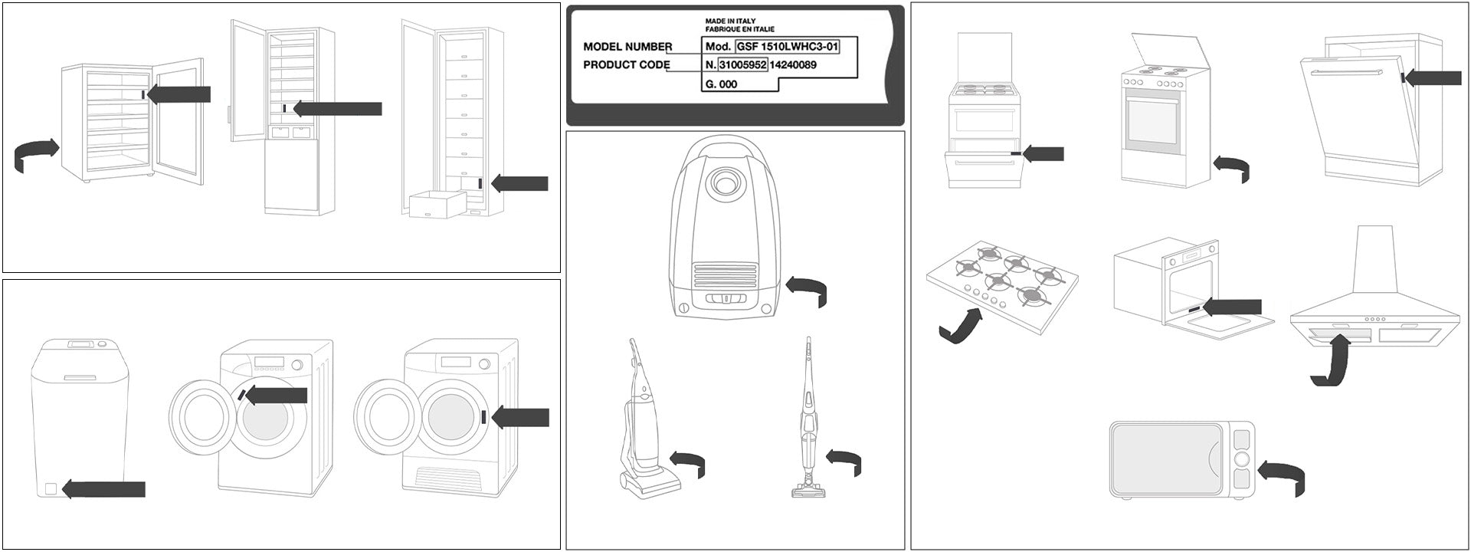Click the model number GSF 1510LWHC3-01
click(x=787, y=47)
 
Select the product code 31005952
click(x=742, y=65)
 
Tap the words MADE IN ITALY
click(x=729, y=21)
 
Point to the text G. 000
click(x=721, y=84)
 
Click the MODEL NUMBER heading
click(x=627, y=47)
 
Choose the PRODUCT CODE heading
click(x=626, y=65)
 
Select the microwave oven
click(x=1181, y=460)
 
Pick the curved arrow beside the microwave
click(x=1283, y=475)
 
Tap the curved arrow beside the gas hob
click(x=961, y=326)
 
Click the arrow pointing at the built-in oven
click(x=1231, y=307)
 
